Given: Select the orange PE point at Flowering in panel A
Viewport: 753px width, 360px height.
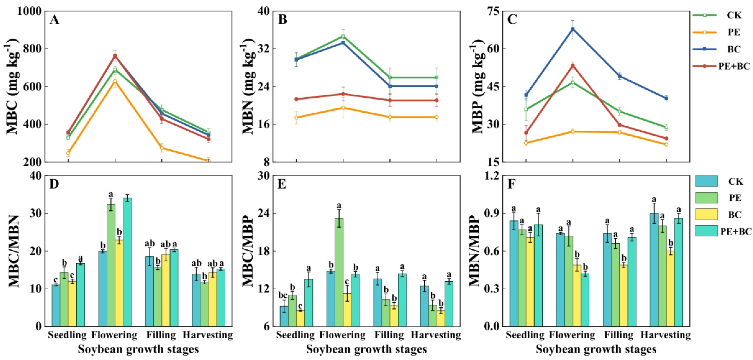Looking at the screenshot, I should (x=115, y=81).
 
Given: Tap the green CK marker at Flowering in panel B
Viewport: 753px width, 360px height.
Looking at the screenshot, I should (x=343, y=36).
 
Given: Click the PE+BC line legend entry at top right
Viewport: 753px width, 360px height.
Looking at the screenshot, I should (x=722, y=66).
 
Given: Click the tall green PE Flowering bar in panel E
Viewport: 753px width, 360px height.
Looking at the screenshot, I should (x=339, y=272).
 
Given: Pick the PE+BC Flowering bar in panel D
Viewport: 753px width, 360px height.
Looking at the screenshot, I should (x=127, y=262).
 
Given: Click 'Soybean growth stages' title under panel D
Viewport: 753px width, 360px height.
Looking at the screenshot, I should (x=138, y=350).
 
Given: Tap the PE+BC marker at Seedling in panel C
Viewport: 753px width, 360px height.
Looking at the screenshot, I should (x=526, y=133).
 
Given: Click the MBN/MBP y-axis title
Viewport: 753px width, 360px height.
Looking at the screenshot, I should (x=475, y=251).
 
